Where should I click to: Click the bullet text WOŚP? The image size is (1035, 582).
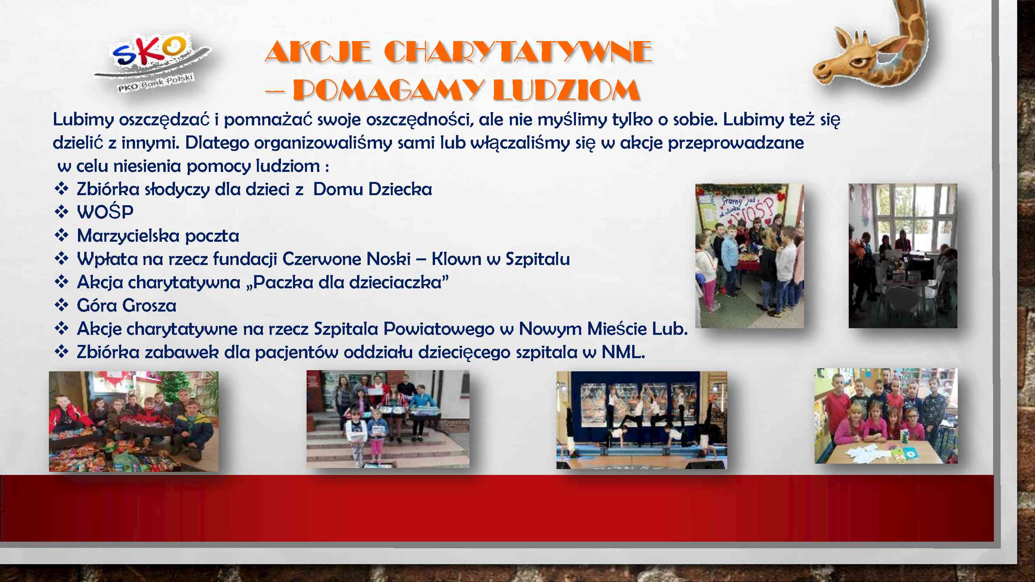[x=105, y=212]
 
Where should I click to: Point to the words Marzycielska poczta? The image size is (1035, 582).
[x=158, y=236]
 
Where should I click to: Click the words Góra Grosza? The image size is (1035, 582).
[x=127, y=305]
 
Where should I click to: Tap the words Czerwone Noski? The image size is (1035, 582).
[x=346, y=259]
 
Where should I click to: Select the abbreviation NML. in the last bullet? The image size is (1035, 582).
[x=623, y=352]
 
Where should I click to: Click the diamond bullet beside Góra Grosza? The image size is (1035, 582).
[x=61, y=305]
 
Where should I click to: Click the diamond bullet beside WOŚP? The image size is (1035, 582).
[x=61, y=212]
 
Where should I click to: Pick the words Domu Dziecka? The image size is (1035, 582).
[x=373, y=189]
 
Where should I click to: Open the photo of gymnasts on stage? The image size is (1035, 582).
[x=641, y=420]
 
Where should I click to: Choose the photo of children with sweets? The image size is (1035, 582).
[x=134, y=421]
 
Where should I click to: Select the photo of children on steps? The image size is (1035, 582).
[x=388, y=419]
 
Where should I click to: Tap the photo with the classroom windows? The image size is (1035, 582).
[x=903, y=256]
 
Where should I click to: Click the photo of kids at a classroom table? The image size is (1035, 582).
[x=886, y=416]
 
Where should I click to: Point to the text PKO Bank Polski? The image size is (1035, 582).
[x=156, y=83]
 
